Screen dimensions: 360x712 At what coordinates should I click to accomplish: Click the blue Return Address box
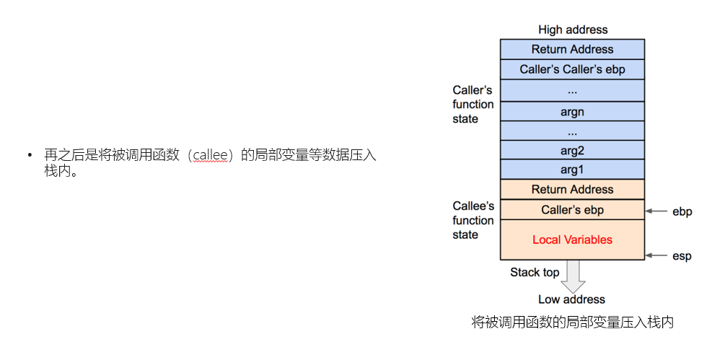[x=572, y=49]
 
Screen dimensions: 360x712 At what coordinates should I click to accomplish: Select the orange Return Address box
[x=572, y=189]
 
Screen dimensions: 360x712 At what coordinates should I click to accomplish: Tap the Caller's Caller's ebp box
[x=572, y=69]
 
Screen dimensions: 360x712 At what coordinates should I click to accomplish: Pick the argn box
[x=572, y=111]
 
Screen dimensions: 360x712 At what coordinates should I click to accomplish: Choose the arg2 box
[x=572, y=150]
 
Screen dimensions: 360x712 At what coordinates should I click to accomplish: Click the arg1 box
[x=572, y=170]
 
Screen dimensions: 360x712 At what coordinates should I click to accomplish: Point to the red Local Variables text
[x=572, y=240]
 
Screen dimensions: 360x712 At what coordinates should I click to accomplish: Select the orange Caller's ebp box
[x=572, y=210]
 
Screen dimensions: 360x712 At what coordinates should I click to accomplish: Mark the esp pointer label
[x=682, y=256]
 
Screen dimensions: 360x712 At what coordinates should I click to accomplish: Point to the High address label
[x=573, y=30]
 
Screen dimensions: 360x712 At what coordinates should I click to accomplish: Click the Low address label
[x=571, y=299]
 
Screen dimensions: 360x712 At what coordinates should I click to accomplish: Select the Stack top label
[x=535, y=272]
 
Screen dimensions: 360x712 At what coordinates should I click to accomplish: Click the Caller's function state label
[x=473, y=105]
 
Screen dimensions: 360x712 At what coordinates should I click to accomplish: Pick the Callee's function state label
[x=473, y=220]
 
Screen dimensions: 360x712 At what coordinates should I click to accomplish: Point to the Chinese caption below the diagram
[x=572, y=322]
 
